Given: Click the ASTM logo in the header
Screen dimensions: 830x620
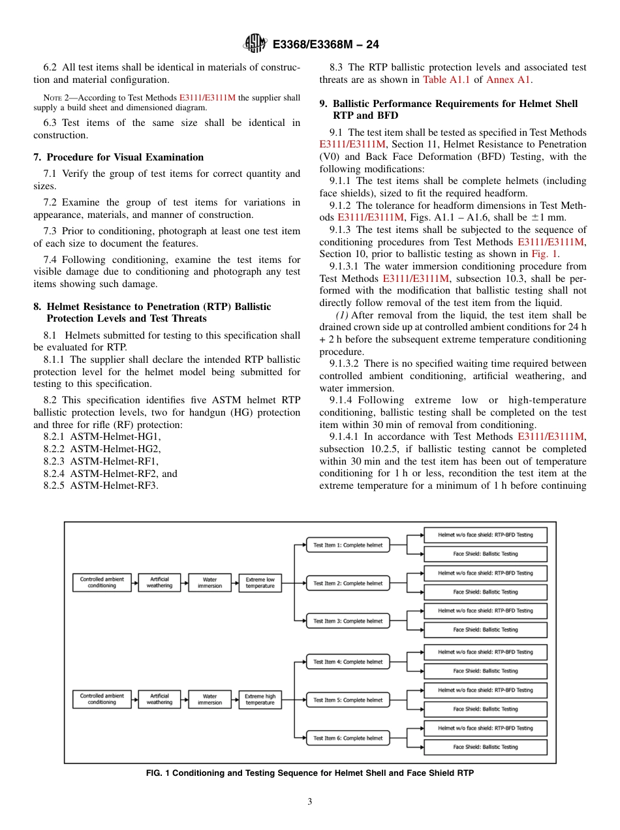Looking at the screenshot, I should (255, 44).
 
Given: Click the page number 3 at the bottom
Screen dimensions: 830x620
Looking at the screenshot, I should (310, 801).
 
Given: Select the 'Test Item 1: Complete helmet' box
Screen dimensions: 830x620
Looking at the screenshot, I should (348, 545).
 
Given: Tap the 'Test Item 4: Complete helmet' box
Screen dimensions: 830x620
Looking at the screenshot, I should (348, 662).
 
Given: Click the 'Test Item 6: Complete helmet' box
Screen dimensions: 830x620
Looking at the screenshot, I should (348, 738).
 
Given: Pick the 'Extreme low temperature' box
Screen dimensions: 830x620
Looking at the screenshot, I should (260, 583).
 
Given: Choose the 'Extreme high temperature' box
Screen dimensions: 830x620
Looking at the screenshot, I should (260, 699).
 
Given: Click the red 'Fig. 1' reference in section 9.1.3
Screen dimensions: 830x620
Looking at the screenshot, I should (544, 254).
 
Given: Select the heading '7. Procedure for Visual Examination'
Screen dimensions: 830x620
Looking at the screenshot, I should (118, 157).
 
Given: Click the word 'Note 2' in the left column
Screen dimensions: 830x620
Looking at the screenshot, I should (57, 98).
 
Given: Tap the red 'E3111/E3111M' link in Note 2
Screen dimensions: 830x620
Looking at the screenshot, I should (208, 98).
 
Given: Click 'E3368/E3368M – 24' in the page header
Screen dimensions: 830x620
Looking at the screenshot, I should (326, 44).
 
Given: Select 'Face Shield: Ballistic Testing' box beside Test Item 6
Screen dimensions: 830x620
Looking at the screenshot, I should (486, 747).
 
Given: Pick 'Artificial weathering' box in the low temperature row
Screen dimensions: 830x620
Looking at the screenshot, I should (159, 583).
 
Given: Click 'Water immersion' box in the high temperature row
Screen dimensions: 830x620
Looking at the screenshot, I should (209, 699).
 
